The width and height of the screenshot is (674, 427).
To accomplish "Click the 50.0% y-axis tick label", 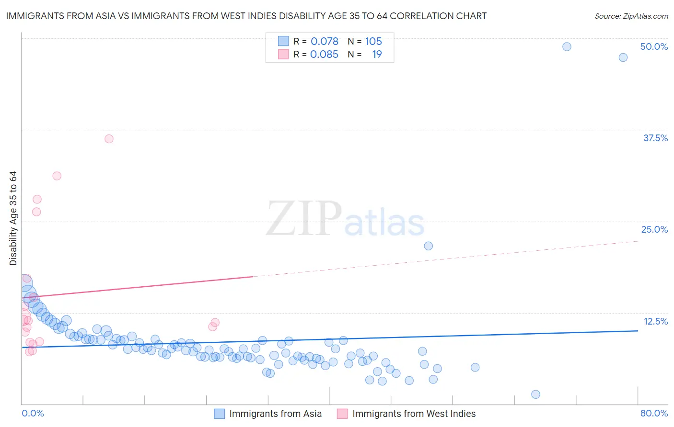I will pos(654,46).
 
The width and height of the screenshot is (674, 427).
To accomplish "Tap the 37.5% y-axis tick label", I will pos(655,138).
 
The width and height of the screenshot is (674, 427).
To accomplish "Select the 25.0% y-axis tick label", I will pos(654,229).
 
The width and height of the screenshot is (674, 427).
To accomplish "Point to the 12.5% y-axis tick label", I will pos(655,321).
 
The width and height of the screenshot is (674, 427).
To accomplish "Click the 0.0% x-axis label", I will pos(33,413).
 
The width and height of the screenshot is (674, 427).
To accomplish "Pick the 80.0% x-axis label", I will pos(654,413).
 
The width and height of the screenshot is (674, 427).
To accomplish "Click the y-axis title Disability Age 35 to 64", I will pos(13,218).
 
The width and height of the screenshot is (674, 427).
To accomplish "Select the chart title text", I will pos(246,16).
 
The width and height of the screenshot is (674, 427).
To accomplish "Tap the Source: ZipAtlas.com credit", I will pos(631,16).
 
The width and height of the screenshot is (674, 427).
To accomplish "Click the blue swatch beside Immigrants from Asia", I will pos(219,414).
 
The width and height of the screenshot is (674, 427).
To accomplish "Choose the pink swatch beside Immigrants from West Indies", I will pos(342,414).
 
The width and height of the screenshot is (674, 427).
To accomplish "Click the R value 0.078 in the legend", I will pos(325,42).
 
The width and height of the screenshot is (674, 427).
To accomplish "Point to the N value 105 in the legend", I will pos(373,42).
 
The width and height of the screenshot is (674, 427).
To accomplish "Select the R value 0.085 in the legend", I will pos(324,55).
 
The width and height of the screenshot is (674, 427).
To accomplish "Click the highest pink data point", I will pos(109,139).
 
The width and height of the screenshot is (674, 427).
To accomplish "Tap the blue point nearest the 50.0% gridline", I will pos(567,46).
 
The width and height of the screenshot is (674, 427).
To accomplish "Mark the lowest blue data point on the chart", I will pos(535,394).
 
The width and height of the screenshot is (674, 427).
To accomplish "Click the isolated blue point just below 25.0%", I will pos(428,246).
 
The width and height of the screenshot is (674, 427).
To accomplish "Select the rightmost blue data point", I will pos(623,57).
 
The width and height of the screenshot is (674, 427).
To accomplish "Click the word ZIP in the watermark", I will pos(303,219).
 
